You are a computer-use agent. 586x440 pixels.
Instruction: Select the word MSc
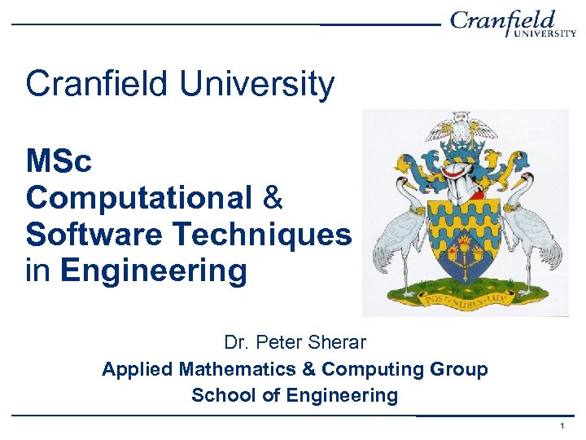click(x=59, y=161)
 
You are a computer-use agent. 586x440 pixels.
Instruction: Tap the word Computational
click(x=138, y=197)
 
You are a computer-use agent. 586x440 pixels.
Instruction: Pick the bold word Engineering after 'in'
click(x=153, y=271)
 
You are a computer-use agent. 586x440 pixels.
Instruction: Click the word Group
click(x=458, y=369)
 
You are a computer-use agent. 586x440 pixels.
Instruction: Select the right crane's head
click(x=524, y=176)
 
